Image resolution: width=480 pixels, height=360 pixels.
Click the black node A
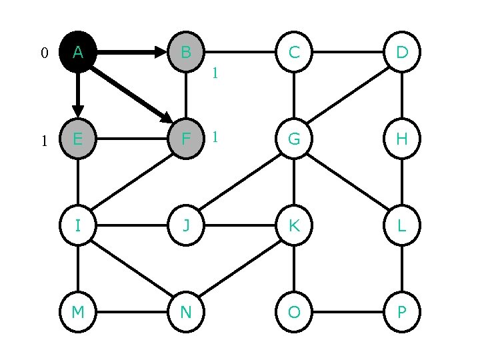pos(78,52)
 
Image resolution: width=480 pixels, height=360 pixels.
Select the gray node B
pos(186,52)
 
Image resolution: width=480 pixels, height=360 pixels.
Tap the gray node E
pos(78,139)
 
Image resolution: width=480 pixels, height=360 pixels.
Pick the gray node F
pos(186,139)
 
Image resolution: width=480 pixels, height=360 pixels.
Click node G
pos(293,139)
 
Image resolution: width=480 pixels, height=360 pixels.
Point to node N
pos(186,312)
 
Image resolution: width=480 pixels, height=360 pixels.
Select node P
pos(402,312)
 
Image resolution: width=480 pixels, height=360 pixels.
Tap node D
pos(402,52)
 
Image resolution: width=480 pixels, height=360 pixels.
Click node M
pos(78,312)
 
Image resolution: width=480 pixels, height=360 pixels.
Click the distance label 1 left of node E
pos(44,141)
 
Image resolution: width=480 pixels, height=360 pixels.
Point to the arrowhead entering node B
pos(161,52)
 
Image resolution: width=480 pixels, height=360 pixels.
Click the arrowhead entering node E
pos(78,111)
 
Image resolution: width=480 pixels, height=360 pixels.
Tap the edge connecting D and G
pos(347,95)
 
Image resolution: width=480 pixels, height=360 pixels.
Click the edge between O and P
pos(347,312)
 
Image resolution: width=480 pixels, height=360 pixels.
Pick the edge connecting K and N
pos(240,269)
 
